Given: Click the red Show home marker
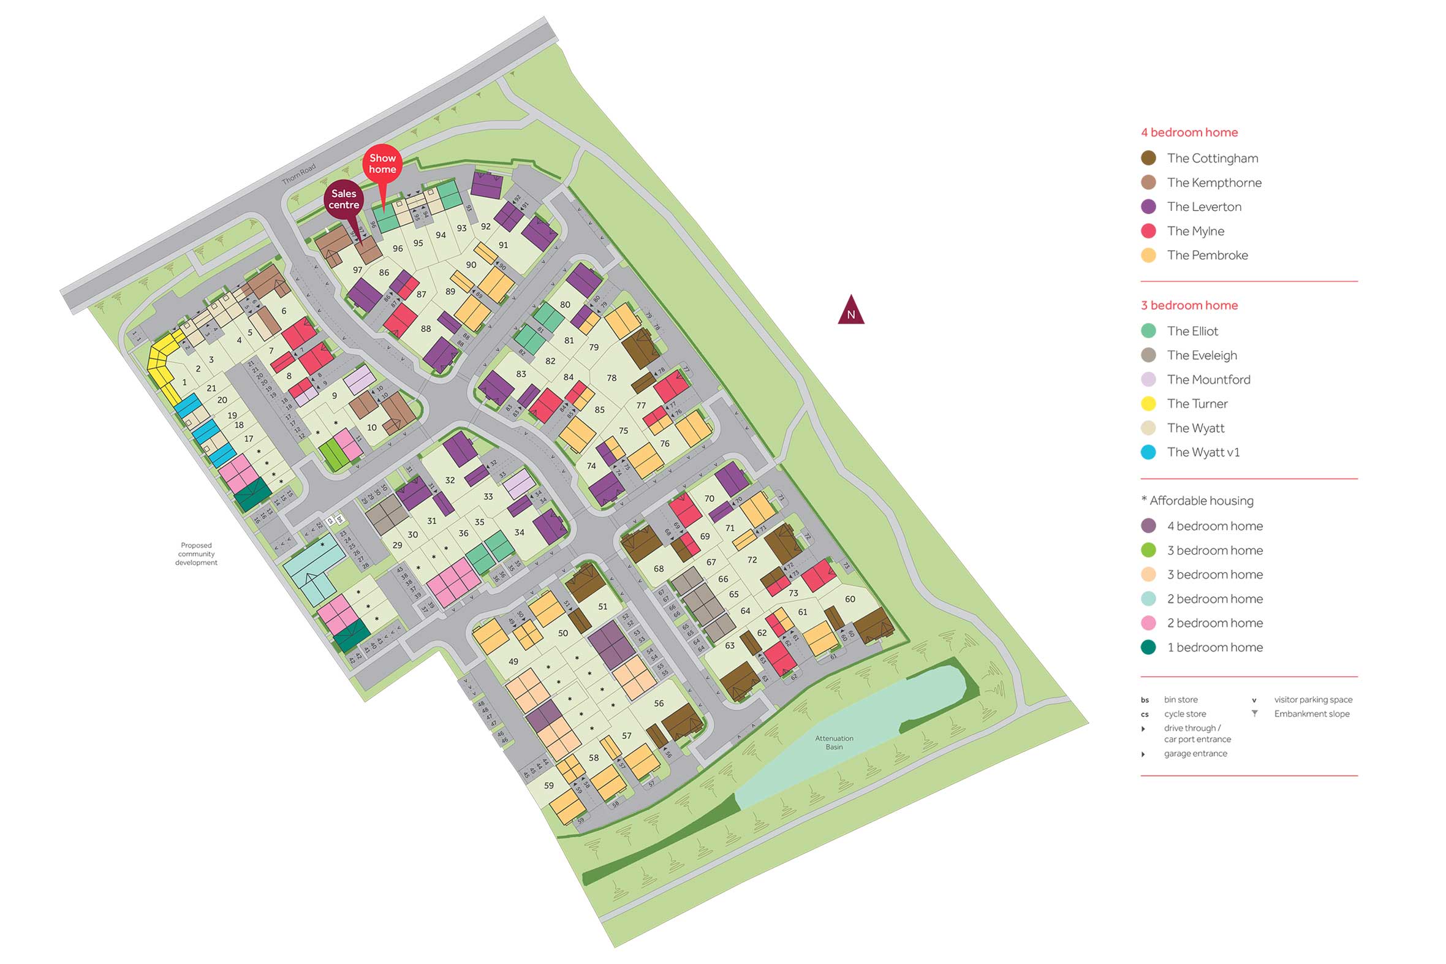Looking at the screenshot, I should point(382,164).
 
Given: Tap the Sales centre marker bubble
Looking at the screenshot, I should point(344,199).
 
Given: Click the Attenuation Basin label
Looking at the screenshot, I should point(834,743).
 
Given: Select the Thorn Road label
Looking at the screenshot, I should point(298,173).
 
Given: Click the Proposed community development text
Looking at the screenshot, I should point(196,554).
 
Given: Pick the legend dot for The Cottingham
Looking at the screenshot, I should point(1148,158).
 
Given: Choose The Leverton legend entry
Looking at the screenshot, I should point(1204,207).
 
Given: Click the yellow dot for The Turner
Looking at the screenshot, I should point(1148,404).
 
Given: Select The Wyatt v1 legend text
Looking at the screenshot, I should point(1203,452).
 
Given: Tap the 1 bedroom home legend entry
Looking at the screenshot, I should point(1214,647).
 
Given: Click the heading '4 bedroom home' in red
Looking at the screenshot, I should point(1189,132).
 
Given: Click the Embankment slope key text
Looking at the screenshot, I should point(1311,714).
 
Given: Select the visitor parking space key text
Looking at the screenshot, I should point(1312,700).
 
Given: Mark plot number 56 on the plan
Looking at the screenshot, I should point(659,704).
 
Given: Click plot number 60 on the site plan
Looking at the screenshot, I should point(850,599).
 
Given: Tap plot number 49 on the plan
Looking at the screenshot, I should point(513,661).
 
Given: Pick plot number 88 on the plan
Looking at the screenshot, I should point(426,329).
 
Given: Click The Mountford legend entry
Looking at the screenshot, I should point(1208,380).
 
